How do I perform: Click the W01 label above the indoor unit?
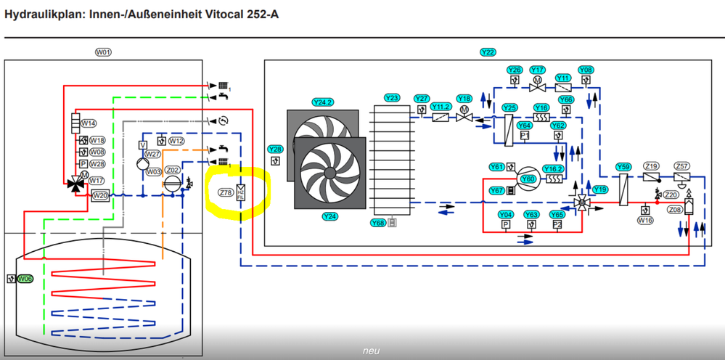click(x=104, y=52)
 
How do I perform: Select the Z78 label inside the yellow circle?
click(x=226, y=193)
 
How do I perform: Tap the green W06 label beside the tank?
click(x=25, y=279)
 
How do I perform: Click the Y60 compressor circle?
click(x=528, y=178)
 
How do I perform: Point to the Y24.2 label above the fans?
click(x=322, y=102)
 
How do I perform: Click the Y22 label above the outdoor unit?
click(x=488, y=52)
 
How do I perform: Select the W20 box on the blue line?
click(x=100, y=195)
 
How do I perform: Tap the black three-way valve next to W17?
click(x=75, y=184)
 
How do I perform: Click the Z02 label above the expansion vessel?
click(x=173, y=170)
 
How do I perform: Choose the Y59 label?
click(x=623, y=167)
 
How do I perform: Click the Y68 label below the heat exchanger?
click(x=377, y=223)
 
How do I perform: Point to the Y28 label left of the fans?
click(x=275, y=150)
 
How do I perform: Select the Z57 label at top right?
click(x=681, y=166)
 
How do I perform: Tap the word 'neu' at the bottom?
click(x=372, y=351)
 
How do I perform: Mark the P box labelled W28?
click(x=83, y=164)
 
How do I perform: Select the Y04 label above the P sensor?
click(x=506, y=215)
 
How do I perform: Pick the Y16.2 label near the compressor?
click(x=553, y=168)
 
